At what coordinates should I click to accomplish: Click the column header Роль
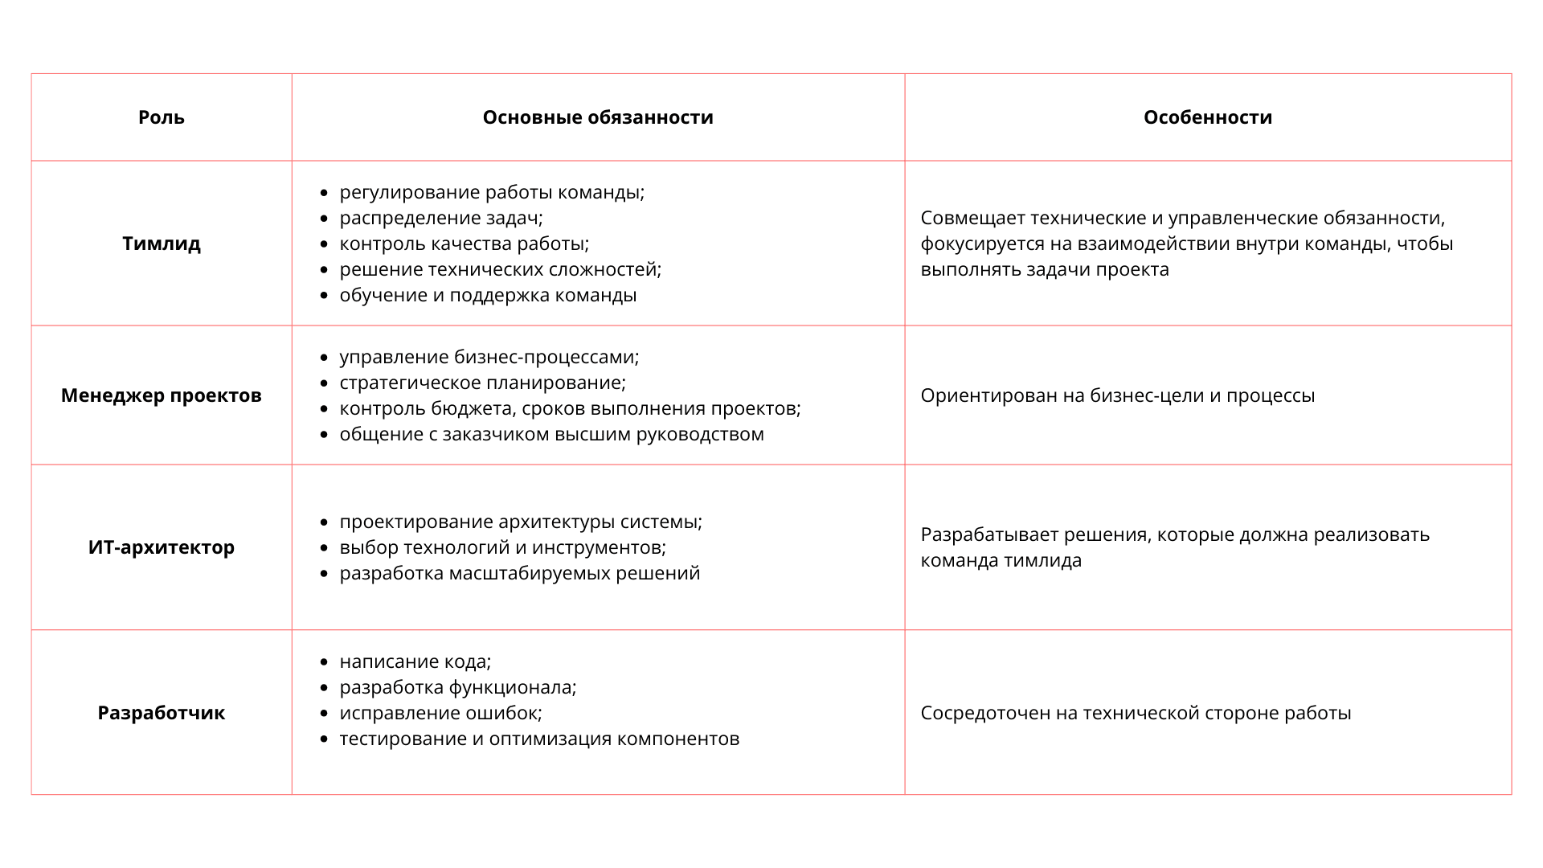click(x=162, y=117)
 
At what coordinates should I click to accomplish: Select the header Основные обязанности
click(x=598, y=117)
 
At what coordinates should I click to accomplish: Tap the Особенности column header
click(x=1208, y=117)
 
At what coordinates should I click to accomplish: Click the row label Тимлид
click(x=162, y=244)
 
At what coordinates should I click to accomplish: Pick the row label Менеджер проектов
click(x=162, y=395)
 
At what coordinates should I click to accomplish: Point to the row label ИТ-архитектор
click(x=162, y=547)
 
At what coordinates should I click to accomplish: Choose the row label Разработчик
click(x=162, y=713)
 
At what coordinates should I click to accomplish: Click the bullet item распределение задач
click(x=441, y=218)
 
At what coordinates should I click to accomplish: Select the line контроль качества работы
click(x=464, y=244)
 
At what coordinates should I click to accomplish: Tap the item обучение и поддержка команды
click(x=488, y=295)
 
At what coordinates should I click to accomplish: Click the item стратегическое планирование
click(x=482, y=383)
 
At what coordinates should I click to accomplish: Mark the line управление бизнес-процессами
click(x=489, y=357)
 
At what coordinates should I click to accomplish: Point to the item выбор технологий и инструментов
click(x=502, y=547)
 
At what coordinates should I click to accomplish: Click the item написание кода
click(x=415, y=661)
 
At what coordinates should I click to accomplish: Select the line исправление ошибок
click(x=440, y=713)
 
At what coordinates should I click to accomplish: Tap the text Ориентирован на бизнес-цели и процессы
click(x=1117, y=395)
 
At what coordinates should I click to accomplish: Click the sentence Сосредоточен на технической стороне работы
click(x=1136, y=713)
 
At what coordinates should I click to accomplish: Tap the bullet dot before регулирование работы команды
click(x=324, y=193)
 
